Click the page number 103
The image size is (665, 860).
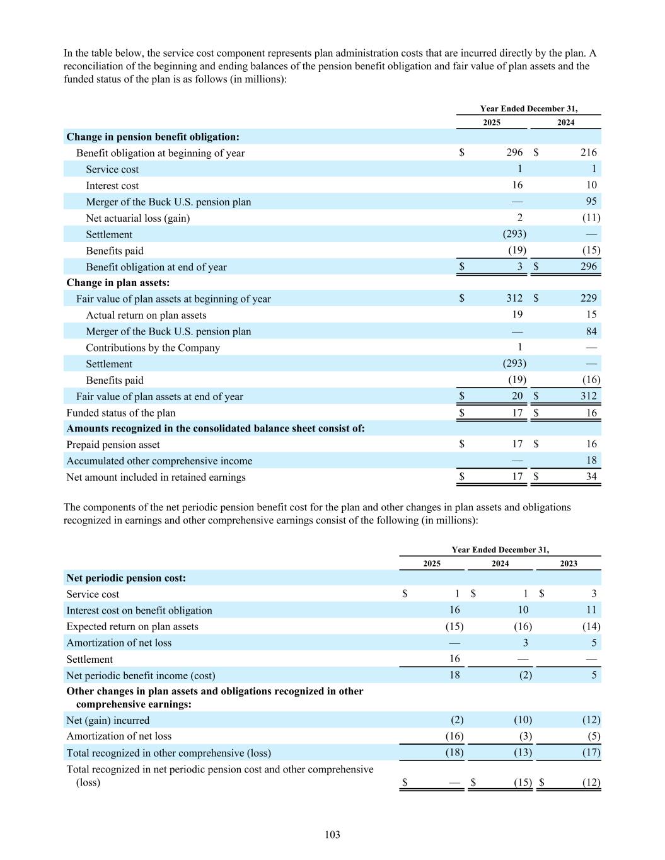coord(332,835)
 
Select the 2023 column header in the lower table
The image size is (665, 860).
coord(568,563)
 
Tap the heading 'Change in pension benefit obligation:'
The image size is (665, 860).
coord(153,137)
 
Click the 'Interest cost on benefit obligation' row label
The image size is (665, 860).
coord(139,611)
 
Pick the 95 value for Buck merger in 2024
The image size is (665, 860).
coord(591,202)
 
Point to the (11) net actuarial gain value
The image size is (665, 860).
coord(591,218)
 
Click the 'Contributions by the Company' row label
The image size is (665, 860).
coord(153,348)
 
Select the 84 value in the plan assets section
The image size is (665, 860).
coord(591,331)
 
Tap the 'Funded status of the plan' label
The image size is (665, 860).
coord(121,413)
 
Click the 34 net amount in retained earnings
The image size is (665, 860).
coord(591,477)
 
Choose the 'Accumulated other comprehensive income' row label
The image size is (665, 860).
coord(159,461)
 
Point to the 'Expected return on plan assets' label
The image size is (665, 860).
coord(132,627)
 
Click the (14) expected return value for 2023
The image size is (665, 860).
coord(591,627)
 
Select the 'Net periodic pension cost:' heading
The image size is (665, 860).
coord(126,578)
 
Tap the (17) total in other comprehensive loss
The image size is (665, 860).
coord(591,753)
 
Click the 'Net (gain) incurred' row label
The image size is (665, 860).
coord(108,720)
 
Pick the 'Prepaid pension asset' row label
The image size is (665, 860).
coord(113,445)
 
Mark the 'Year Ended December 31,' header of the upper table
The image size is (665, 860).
coord(528,108)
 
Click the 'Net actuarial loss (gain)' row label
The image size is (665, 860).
coord(138,218)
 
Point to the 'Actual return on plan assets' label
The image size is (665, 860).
coord(146,315)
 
